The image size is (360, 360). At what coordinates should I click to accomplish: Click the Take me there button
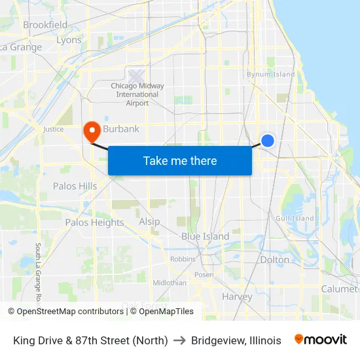[180, 160]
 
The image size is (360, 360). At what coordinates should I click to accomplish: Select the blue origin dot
[268, 140]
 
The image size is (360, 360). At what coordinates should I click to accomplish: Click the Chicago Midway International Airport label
[137, 94]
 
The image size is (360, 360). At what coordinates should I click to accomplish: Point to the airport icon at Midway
[137, 76]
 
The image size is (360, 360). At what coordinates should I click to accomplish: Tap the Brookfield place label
[45, 25]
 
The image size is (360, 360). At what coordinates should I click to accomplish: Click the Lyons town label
[69, 40]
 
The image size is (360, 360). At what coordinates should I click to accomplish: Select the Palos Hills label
[75, 186]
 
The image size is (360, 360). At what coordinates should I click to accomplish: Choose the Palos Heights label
[94, 223]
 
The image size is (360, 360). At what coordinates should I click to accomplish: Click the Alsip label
[149, 222]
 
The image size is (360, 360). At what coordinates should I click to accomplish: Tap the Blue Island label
[205, 236]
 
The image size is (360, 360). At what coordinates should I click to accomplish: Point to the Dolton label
[274, 260]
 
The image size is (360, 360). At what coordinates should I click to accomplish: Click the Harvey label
[237, 297]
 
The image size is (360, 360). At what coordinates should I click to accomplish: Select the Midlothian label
[169, 283]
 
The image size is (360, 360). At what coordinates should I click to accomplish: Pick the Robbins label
[183, 259]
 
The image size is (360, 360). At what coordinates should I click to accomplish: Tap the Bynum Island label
[270, 75]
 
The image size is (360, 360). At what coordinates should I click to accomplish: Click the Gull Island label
[295, 219]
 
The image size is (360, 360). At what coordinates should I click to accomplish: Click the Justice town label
[53, 130]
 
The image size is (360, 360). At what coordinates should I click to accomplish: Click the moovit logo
[320, 340]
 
